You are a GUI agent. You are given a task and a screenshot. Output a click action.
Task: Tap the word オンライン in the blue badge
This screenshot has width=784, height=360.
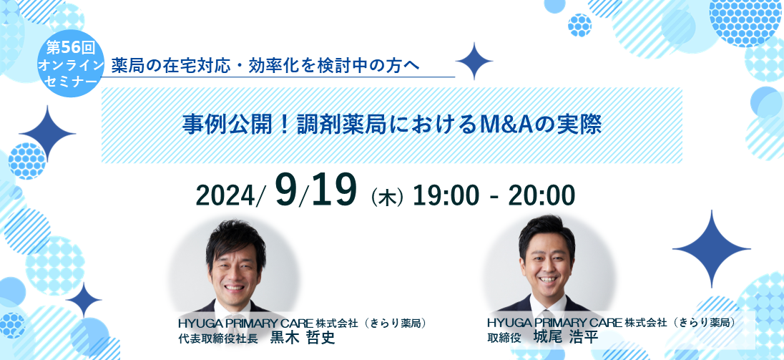[71, 64]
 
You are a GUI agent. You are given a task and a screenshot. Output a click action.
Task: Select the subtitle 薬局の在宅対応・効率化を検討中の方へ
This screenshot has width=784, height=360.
[265, 65]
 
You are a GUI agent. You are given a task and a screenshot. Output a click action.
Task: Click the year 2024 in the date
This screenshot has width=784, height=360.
[226, 195]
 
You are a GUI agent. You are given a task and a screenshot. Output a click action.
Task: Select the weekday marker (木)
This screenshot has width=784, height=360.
[387, 198]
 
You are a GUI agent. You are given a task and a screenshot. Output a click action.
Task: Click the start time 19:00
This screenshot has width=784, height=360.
[445, 196]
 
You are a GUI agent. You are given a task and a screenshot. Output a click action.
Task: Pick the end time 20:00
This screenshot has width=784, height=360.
[542, 196]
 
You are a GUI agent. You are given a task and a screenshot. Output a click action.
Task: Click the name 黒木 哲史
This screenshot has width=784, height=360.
[302, 338]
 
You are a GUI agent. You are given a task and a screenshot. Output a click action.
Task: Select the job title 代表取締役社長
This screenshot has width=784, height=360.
[217, 339]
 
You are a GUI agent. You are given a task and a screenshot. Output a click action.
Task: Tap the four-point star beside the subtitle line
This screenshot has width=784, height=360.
[474, 61]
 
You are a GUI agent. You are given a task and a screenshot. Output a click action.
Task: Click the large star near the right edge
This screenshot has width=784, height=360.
[711, 248]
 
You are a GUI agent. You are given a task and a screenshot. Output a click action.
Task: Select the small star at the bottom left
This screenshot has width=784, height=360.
[84, 300]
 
